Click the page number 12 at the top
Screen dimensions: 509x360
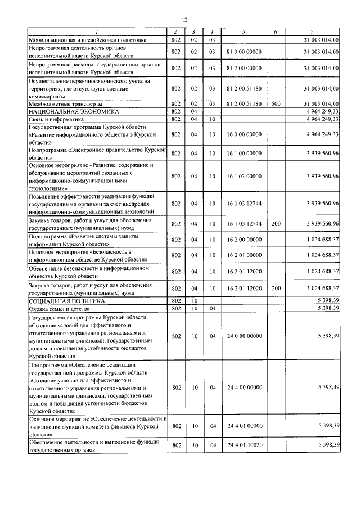pos(184,20)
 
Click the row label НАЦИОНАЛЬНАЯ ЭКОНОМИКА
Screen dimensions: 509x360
pos(63,112)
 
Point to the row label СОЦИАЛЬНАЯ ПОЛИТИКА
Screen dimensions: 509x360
pos(61,301)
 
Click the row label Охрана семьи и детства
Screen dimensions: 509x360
pos(61,309)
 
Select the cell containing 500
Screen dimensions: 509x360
pos(276,105)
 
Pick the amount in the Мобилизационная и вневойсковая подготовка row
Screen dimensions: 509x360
pos(321,40)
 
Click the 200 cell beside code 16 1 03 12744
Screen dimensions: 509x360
pos(276,224)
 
